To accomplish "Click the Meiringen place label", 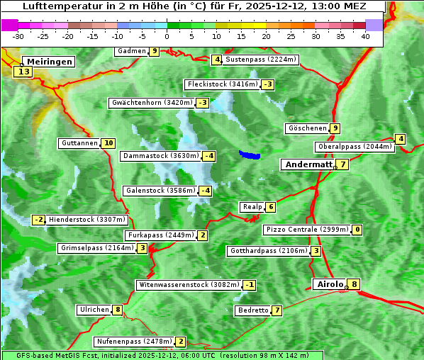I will pyautogui.click(x=48, y=62).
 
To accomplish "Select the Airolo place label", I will pyautogui.click(x=330, y=284).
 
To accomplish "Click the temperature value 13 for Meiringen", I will pyautogui.click(x=23, y=72).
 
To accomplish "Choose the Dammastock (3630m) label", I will pyautogui.click(x=160, y=156).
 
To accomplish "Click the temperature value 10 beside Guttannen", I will pyautogui.click(x=108, y=143).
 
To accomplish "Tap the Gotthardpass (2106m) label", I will pyautogui.click(x=268, y=251).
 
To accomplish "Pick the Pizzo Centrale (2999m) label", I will pyautogui.click(x=307, y=230).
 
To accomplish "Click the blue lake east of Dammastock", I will pyautogui.click(x=250, y=154).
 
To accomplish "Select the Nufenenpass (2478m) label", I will pyautogui.click(x=133, y=342).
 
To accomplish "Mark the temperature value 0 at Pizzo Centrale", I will pyautogui.click(x=357, y=230).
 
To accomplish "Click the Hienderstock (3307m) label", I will pyautogui.click(x=87, y=220).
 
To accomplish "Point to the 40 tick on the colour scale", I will pyautogui.click(x=365, y=36).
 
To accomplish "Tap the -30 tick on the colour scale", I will pyautogui.click(x=18, y=36).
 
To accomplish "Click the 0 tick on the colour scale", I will pyautogui.click(x=167, y=36).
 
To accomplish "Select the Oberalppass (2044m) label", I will pyautogui.click(x=355, y=147).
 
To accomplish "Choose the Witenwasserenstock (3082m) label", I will pyautogui.click(x=188, y=285).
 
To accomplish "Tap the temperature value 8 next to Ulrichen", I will pyautogui.click(x=117, y=310).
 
